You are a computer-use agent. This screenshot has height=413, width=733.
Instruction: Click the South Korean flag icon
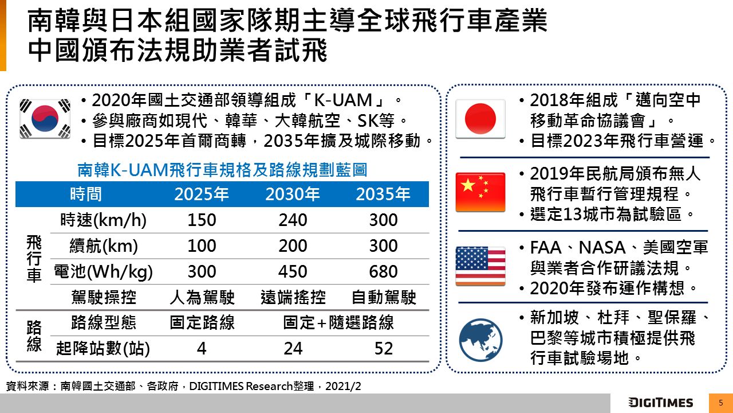pyautogui.click(x=45, y=118)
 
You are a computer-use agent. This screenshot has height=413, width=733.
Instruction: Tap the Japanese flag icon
pyautogui.click(x=480, y=119)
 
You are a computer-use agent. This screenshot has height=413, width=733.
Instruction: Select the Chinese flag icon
pyautogui.click(x=480, y=192)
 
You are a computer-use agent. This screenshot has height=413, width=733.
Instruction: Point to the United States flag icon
pyautogui.click(x=480, y=266)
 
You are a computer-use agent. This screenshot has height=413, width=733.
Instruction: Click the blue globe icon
pyautogui.click(x=480, y=340)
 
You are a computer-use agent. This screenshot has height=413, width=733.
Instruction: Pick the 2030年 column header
pyautogui.click(x=293, y=194)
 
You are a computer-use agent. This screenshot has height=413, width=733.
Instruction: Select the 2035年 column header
pyautogui.click(x=383, y=194)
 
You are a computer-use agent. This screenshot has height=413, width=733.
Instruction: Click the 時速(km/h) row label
pyautogui.click(x=103, y=220)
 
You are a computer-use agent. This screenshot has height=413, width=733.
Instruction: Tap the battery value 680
pyautogui.click(x=383, y=271)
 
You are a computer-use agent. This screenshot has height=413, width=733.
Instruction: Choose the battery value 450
pyautogui.click(x=293, y=271)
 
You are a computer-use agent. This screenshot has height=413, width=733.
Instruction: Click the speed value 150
pyautogui.click(x=202, y=220)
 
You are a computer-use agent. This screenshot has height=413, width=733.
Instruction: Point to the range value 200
pyautogui.click(x=293, y=246)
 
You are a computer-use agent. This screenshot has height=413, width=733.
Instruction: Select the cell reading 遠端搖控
pyautogui.click(x=293, y=297)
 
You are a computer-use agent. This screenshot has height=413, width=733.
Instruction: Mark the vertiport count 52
pyautogui.click(x=383, y=348)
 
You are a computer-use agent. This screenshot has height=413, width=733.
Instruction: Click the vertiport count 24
pyautogui.click(x=293, y=348)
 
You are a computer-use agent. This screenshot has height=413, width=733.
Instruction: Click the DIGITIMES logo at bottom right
pyautogui.click(x=660, y=403)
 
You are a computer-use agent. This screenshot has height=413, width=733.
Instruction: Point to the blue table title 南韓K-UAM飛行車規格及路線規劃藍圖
pyautogui.click(x=222, y=170)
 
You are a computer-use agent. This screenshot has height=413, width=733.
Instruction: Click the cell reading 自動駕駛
pyautogui.click(x=383, y=297)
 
